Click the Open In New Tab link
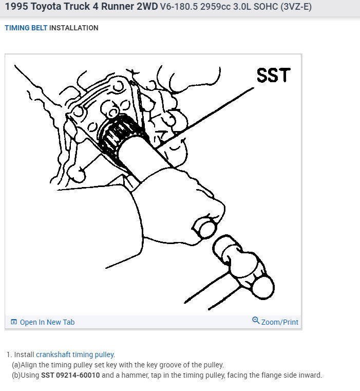click(x=47, y=322)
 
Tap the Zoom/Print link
click(x=279, y=322)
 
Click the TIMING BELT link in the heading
click(x=26, y=28)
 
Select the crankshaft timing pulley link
click(x=75, y=355)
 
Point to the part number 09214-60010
click(x=79, y=375)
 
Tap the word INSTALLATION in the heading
click(x=73, y=28)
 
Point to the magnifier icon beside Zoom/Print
click(x=256, y=321)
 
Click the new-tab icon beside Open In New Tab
click(x=14, y=322)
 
